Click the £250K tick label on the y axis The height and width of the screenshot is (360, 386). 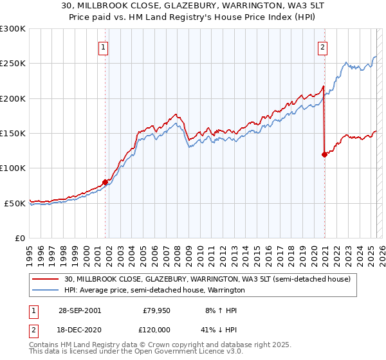click(13, 64)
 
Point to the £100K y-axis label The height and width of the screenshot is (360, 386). click(13, 168)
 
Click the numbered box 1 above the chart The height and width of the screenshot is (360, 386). click(104, 46)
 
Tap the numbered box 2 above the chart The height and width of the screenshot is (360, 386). click(322, 46)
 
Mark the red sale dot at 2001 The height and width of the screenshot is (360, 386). click(106, 182)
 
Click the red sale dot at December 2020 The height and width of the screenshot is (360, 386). click(324, 154)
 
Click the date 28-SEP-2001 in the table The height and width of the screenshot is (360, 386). click(78, 310)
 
